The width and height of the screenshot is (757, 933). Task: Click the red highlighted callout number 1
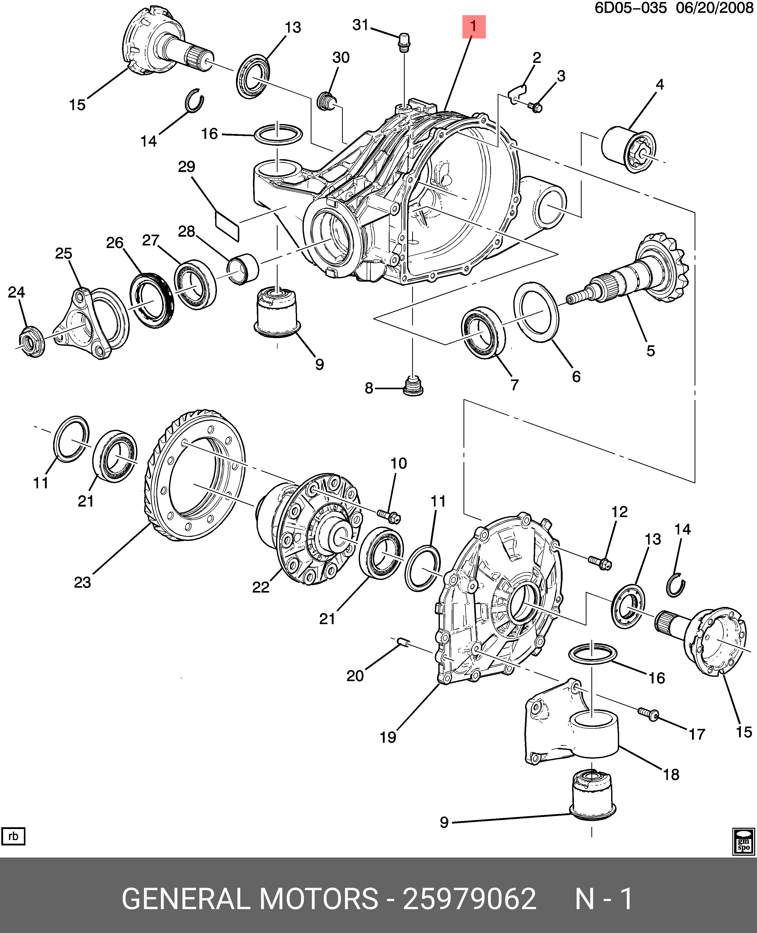[474, 27]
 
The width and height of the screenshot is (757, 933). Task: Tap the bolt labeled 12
[600, 563]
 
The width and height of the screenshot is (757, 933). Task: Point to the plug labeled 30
[326, 101]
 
